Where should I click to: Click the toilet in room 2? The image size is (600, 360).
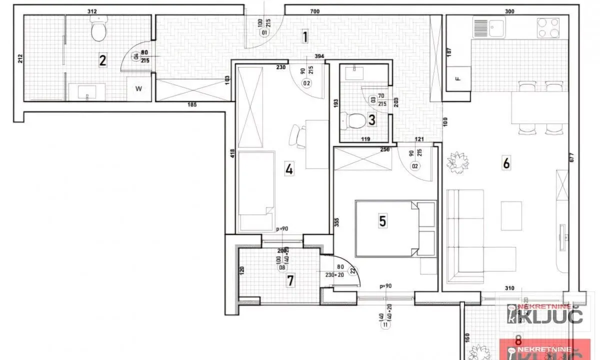point(98,29)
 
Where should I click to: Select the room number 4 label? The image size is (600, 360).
point(289,169)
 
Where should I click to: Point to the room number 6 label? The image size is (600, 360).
point(506,163)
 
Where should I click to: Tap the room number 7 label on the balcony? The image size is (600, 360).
point(290,280)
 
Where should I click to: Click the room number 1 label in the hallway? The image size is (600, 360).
point(304,36)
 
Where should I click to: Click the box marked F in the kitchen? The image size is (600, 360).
point(457,79)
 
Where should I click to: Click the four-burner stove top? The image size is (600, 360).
point(548,28)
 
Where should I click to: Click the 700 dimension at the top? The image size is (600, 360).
point(314,11)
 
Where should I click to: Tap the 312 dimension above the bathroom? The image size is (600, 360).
point(92,11)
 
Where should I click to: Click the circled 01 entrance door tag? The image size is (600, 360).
point(264,33)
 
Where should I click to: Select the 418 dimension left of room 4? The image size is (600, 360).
point(232,153)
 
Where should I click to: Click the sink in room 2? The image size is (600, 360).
point(87,91)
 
